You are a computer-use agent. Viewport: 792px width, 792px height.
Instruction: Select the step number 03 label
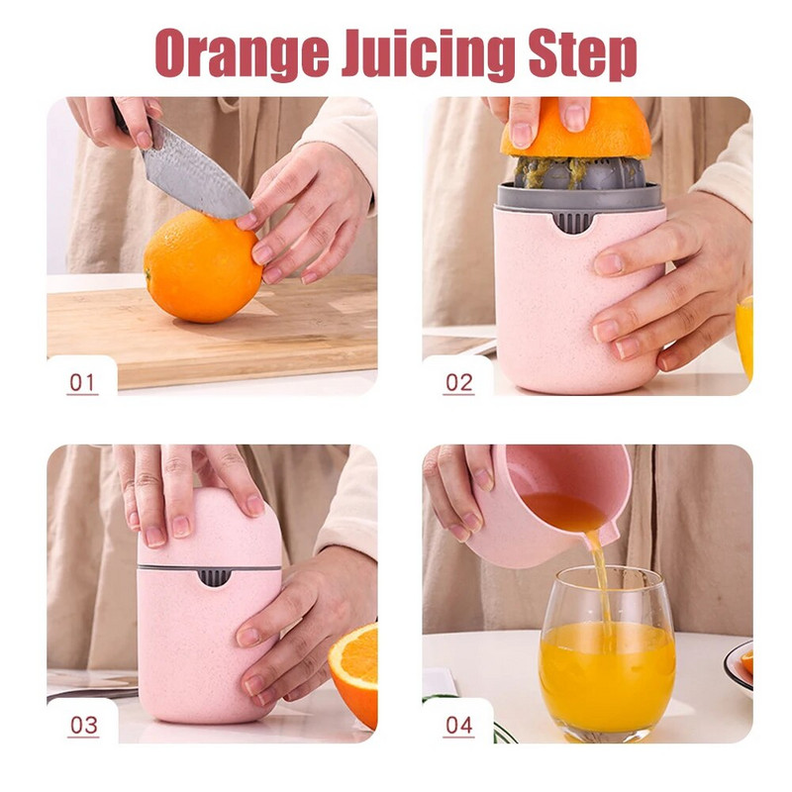coord(83,725)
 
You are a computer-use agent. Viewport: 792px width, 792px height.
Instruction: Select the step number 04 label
coord(458,725)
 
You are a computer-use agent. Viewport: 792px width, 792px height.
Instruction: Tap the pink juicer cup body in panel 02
coord(554,297)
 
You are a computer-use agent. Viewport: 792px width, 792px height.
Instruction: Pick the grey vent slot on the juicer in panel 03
coord(212,576)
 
